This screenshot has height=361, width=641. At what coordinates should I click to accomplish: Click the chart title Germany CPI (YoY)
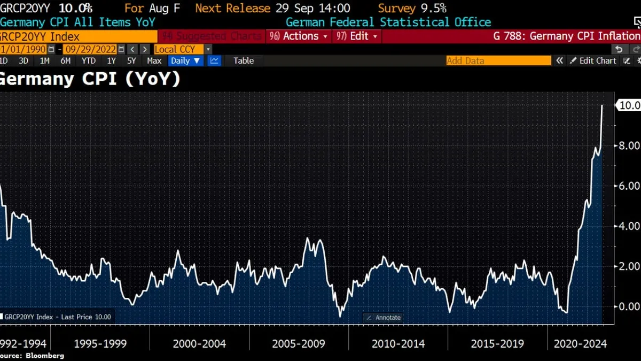click(89, 79)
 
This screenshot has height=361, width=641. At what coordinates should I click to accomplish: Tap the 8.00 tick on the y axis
click(629, 145)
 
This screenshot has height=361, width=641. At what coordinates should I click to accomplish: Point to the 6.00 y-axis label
click(629, 186)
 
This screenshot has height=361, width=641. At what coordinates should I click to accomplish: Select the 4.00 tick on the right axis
click(629, 226)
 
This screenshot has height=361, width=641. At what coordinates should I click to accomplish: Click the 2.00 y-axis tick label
click(629, 266)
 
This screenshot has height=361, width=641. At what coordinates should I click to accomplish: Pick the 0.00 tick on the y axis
click(629, 306)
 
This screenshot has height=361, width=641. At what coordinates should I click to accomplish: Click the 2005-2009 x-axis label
click(299, 343)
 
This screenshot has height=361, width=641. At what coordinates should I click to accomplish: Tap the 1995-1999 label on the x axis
click(100, 343)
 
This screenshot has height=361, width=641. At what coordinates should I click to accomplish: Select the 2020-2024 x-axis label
click(581, 343)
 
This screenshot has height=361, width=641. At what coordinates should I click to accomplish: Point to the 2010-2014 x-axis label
click(398, 343)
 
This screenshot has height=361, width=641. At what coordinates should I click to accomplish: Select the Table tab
click(244, 60)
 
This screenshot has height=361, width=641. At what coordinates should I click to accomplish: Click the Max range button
click(154, 60)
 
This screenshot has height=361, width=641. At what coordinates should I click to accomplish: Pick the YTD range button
click(88, 60)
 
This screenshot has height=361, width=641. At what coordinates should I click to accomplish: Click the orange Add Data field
click(498, 60)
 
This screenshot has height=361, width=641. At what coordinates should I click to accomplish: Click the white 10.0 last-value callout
click(629, 105)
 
